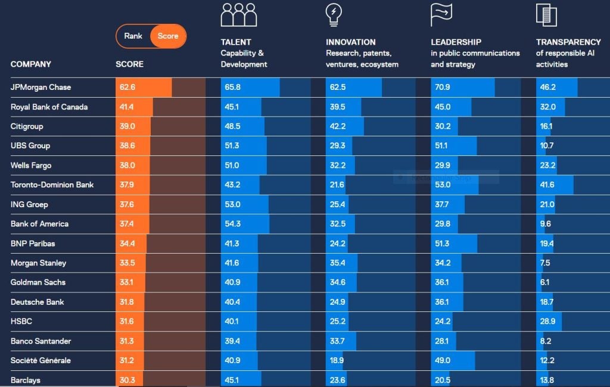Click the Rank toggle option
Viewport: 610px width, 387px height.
point(133,36)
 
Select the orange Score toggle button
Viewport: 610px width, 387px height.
point(168,36)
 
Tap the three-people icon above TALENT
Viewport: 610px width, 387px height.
point(238,15)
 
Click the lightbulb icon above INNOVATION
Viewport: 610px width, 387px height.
point(334,14)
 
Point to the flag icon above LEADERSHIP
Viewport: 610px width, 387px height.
point(441,15)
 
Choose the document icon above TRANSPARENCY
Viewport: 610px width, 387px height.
point(546,15)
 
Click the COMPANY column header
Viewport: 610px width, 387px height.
point(31,64)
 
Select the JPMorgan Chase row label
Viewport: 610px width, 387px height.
point(41,87)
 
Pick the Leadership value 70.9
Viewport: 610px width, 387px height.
point(443,87)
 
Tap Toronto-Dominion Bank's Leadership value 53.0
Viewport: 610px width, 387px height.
point(443,185)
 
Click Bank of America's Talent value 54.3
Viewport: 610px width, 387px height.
point(232,224)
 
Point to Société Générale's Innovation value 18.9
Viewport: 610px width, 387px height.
point(337,361)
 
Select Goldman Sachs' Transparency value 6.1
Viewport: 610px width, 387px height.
point(544,282)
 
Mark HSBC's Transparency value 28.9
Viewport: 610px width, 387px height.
point(547,322)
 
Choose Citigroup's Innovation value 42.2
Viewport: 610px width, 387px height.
point(338,126)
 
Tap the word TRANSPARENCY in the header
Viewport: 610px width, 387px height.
point(568,42)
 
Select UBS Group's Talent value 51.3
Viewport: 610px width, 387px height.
point(232,145)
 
